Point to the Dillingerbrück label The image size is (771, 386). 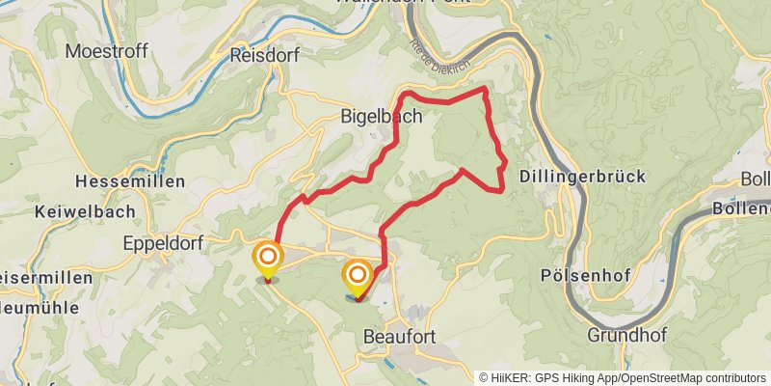pos(582,177)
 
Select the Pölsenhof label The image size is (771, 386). pos(586,276)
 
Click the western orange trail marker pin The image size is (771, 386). pos(268,259)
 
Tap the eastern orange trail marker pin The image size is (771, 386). pos(357,276)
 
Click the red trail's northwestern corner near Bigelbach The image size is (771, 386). pos(404,93)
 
